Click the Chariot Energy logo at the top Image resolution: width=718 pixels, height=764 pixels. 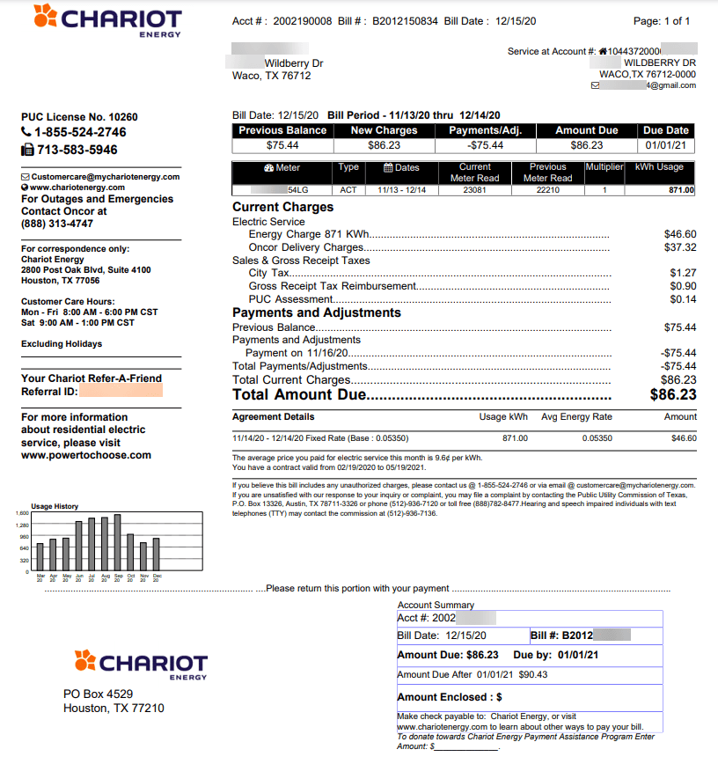(x=106, y=20)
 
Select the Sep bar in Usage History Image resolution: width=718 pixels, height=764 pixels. (x=117, y=542)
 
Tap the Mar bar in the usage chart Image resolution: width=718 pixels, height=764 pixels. (x=40, y=557)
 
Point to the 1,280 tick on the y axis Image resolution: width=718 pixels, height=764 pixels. (x=22, y=525)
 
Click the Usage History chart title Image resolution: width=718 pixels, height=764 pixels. (x=55, y=506)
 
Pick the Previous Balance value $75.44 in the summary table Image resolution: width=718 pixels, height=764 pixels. (x=282, y=145)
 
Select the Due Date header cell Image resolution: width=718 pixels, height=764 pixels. (x=666, y=130)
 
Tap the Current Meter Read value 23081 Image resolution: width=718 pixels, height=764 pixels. (x=475, y=190)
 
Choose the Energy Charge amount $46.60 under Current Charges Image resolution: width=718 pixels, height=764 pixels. (x=680, y=235)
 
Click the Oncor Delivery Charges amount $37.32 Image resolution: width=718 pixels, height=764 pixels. (x=680, y=248)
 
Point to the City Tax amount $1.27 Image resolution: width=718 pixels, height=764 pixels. (x=683, y=274)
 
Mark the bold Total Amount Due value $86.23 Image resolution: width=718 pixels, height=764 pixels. (x=673, y=395)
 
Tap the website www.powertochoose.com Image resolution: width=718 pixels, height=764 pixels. (x=86, y=456)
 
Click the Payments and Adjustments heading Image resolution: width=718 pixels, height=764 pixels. (x=317, y=312)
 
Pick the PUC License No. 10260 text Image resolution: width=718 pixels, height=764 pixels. (x=79, y=117)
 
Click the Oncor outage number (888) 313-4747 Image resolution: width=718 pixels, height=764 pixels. (x=57, y=224)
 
